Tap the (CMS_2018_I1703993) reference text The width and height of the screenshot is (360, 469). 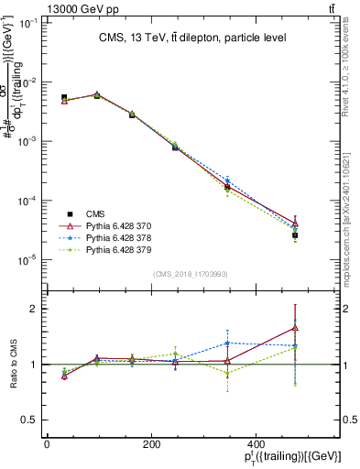pyautogui.click(x=191, y=274)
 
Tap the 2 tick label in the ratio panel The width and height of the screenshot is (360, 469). pyautogui.click(x=32, y=309)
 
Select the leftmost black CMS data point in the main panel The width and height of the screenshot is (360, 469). pyautogui.click(x=64, y=97)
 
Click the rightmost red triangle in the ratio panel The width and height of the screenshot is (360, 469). pyautogui.click(x=295, y=327)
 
